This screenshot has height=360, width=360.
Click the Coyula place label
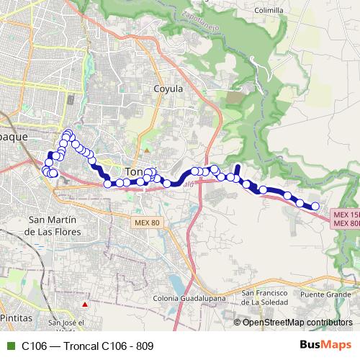[x=169, y=89]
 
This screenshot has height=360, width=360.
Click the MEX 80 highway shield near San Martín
[x=146, y=223]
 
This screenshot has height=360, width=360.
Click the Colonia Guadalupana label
[x=189, y=298]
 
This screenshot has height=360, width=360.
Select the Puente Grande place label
[x=325, y=294]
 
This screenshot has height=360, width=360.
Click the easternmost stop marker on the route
[x=315, y=207]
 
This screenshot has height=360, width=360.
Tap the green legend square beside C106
[x=9, y=346]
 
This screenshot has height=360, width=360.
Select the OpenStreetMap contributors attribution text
[x=298, y=323]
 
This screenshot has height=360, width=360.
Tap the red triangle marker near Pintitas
[x=85, y=305]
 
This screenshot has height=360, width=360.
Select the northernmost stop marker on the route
[x=68, y=132]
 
